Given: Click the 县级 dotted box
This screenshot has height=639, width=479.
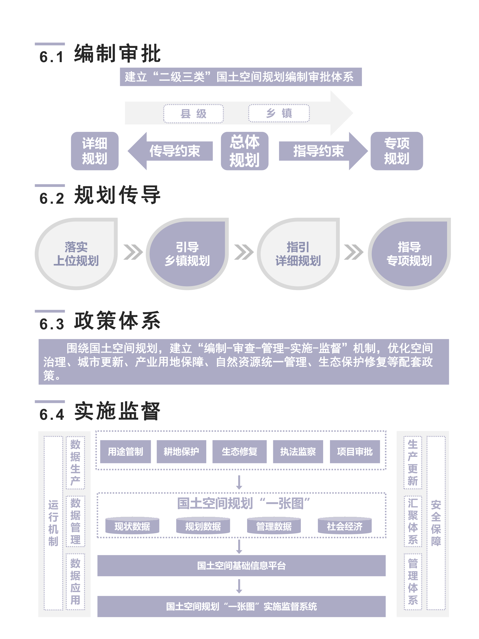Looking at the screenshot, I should point(193,114).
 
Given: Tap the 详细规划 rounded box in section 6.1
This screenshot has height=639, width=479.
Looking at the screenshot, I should point(95,151).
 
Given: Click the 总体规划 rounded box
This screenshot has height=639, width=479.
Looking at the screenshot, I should point(245,151).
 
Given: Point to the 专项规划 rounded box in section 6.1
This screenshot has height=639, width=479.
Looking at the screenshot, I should point(396,151).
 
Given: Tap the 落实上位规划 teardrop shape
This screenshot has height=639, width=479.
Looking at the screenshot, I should point(76,254).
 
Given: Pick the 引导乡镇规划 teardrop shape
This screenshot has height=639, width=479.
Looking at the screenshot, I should point(187,254).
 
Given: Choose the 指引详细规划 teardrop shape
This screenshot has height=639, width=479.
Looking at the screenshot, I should point(298,254).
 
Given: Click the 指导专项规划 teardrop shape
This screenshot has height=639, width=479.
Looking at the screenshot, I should point(409,254).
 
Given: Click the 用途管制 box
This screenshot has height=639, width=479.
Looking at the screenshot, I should point(125,452).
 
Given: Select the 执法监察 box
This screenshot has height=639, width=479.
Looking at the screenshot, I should point(298,452).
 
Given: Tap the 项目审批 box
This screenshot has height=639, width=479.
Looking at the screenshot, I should point(355,452).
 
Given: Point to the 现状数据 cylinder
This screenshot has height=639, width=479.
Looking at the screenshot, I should point(132,526).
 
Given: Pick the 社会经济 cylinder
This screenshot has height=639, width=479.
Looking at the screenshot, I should point(344,526).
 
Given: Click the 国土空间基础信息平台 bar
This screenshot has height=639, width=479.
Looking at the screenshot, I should point(241,565).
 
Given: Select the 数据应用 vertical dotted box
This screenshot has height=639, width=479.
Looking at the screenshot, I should point(75,581).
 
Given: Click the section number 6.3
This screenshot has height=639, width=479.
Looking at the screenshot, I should point(52,324).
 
